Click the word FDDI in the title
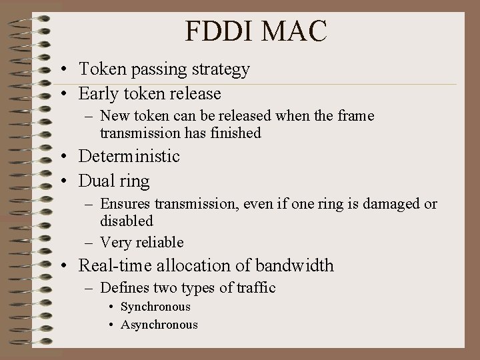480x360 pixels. coord(220,31)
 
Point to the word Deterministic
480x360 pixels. coord(129,157)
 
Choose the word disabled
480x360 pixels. coord(127,221)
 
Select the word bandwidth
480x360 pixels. coord(294,265)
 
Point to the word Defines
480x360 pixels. coord(124,288)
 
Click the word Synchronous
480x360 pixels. coord(155,307)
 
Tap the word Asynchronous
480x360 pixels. coord(159,325)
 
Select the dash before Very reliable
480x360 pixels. coord(90,243)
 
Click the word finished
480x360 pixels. coord(233,133)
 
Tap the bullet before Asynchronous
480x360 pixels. coord(111,325)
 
